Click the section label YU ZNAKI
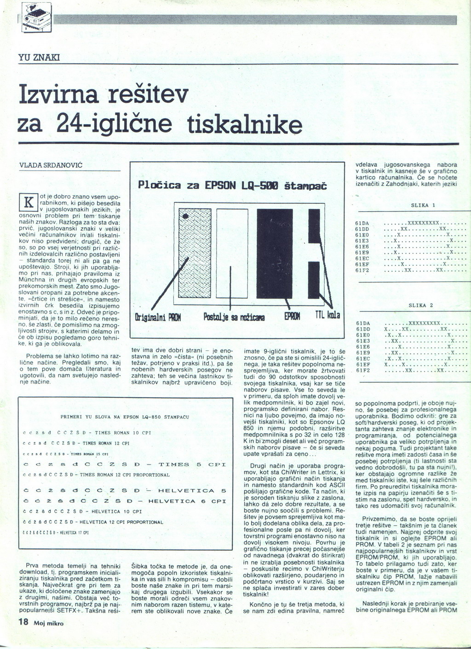pos(35,58)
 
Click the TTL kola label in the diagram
pos(327,316)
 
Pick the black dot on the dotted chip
pos(186,216)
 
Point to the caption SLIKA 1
pos(423,205)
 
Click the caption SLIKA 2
pos(421,305)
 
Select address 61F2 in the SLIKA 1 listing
pos(362,270)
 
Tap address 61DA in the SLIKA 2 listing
pos(363,323)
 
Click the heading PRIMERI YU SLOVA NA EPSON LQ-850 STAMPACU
pos(125,417)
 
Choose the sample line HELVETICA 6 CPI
pos(124,501)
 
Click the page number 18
pos(23,622)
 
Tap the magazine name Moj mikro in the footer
pos(48,623)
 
